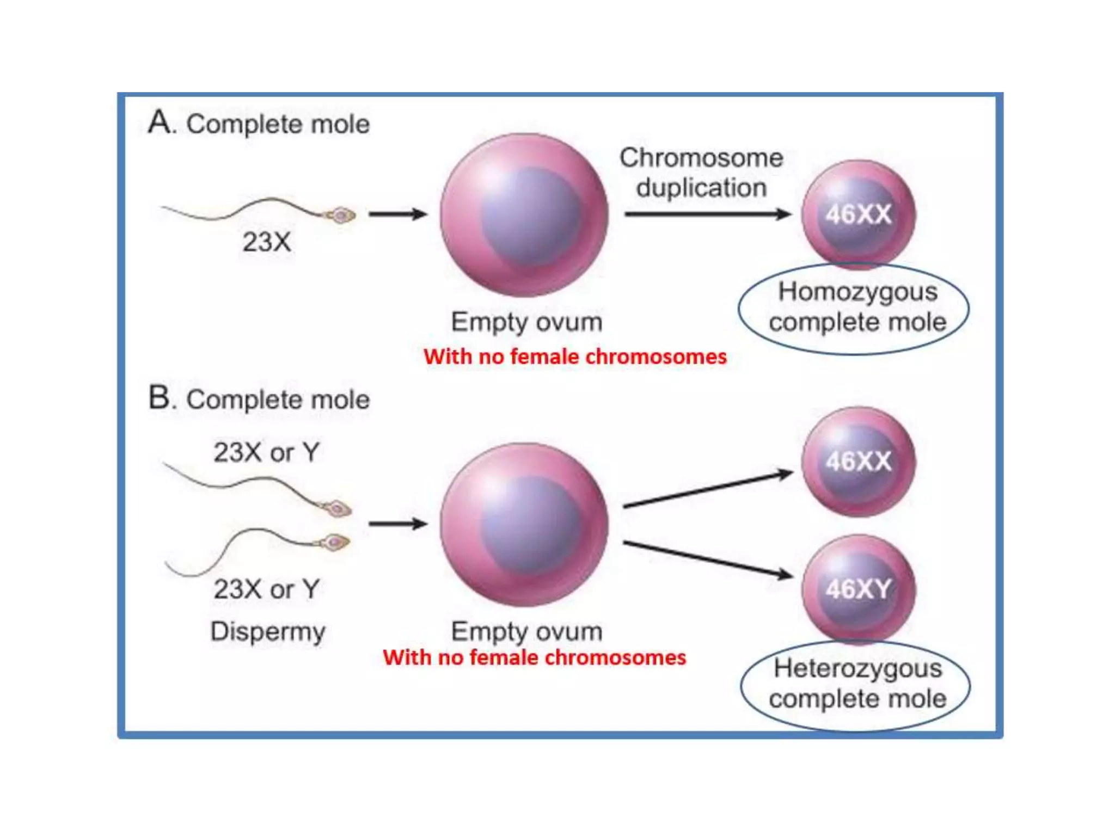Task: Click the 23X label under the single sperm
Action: [267, 242]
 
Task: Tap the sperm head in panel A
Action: [341, 216]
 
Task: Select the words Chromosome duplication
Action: [701, 173]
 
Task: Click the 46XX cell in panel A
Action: [858, 214]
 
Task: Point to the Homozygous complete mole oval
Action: [854, 308]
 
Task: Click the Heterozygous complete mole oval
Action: [855, 685]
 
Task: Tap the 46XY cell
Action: [858, 589]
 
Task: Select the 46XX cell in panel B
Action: [858, 462]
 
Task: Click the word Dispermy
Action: [268, 632]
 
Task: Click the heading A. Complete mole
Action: [259, 123]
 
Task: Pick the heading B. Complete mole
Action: [259, 399]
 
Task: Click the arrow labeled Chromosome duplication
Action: [708, 214]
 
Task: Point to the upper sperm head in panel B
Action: [338, 509]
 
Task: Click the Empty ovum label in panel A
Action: [526, 322]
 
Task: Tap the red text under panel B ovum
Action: [534, 657]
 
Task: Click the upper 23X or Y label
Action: [267, 452]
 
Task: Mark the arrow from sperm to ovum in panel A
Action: [398, 214]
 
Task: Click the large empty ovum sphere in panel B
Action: [524, 524]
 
